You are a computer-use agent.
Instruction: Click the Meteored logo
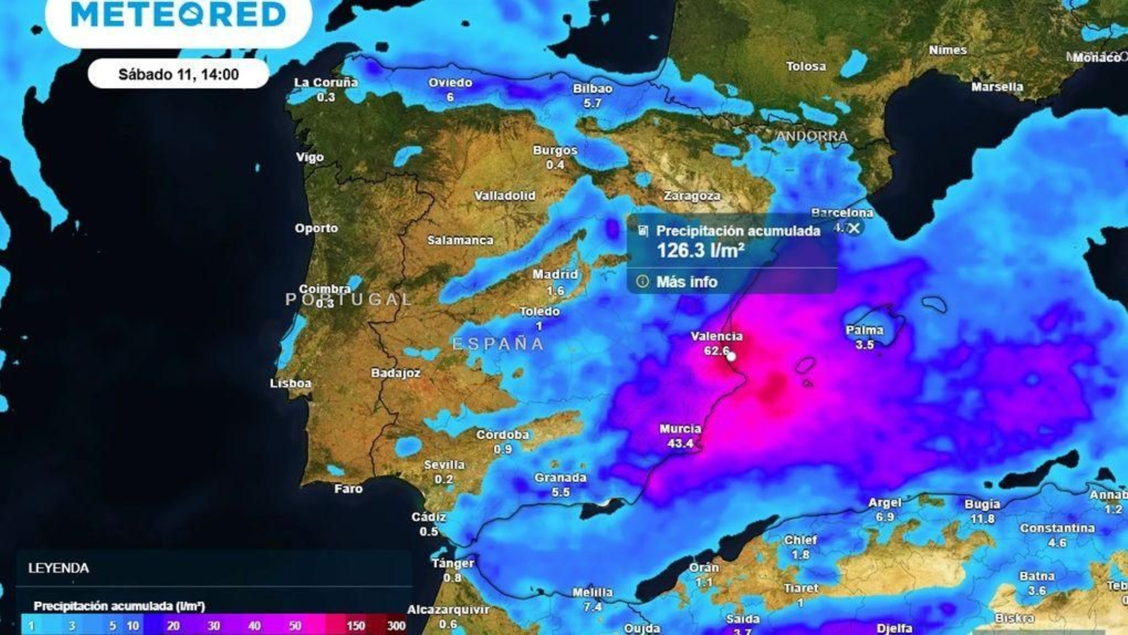coord(178,14)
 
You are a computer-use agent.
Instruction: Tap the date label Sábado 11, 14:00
coord(178,74)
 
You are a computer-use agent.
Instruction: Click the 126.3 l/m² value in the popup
coord(701,250)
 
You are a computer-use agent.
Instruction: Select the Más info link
coord(686,282)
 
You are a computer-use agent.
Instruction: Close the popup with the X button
coord(854,228)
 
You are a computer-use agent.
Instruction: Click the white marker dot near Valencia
coord(731,356)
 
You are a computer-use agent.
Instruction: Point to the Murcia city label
coord(680,429)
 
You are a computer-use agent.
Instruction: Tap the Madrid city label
coord(555,274)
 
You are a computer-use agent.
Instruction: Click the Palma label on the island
coord(864,330)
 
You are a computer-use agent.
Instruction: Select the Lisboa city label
coord(290,384)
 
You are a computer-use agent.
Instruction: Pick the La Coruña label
coord(326,83)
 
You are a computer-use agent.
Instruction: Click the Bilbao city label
coord(592,89)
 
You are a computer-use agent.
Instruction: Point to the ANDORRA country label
coord(812,136)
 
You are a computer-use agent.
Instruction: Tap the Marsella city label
coord(997,87)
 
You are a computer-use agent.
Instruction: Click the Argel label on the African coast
coord(885,502)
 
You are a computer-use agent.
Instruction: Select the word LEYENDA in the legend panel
coord(59,568)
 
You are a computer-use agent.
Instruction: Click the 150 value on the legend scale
coord(355,625)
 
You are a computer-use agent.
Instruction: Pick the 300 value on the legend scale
coord(396,625)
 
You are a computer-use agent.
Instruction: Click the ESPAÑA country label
coord(498,344)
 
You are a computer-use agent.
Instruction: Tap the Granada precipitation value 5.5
coord(560,492)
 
